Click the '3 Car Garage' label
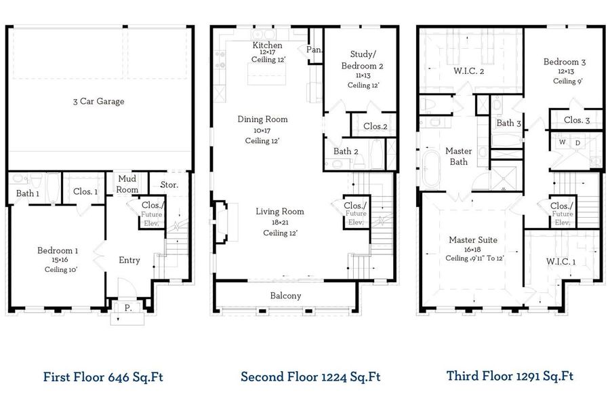tap(99, 102)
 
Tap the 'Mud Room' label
tap(127, 185)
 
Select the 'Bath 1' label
tap(28, 193)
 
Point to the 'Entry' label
tap(129, 260)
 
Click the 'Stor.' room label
tap(169, 185)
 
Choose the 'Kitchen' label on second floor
tap(268, 45)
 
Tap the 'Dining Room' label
tap(262, 119)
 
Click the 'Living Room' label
tap(279, 212)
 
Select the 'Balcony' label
tap(285, 296)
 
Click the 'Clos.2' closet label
tap(375, 126)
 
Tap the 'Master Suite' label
tap(473, 240)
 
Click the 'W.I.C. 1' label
tap(561, 261)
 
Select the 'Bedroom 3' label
tap(564, 62)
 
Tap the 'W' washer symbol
tap(561, 143)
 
